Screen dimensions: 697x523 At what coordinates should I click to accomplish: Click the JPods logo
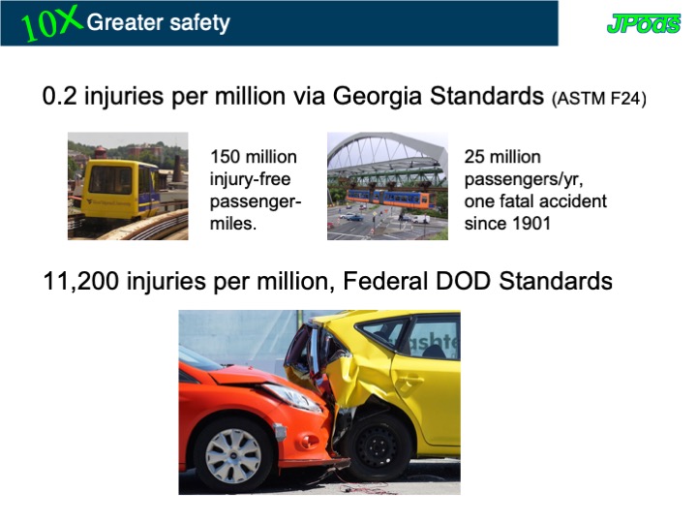[x=643, y=23]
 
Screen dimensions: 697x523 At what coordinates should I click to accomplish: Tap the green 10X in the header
[x=51, y=23]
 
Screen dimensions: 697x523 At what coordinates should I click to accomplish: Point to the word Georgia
[x=377, y=97]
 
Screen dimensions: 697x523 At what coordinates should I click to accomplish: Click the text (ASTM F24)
[x=599, y=98]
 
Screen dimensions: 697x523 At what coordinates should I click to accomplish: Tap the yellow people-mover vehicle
[x=120, y=189]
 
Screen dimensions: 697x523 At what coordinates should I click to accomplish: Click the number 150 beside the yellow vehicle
[x=225, y=157]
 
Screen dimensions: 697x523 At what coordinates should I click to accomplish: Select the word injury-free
[x=251, y=179]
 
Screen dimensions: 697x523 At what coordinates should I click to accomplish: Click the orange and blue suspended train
[x=392, y=199]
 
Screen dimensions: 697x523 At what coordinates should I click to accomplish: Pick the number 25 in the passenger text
[x=474, y=157]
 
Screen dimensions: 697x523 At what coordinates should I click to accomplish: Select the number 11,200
[x=81, y=281]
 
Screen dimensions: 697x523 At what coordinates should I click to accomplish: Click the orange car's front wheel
[x=233, y=455]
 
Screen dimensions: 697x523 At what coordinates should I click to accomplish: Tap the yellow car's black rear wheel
[x=377, y=447]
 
